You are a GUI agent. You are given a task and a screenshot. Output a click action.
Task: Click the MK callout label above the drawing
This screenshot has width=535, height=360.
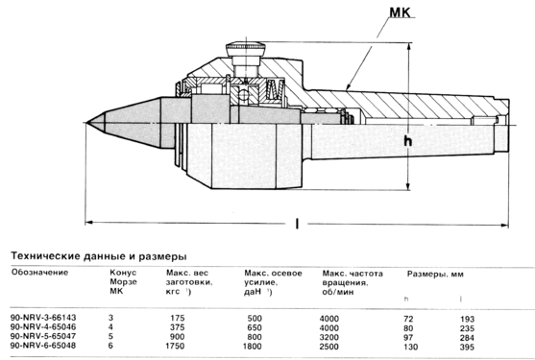tap(401, 12)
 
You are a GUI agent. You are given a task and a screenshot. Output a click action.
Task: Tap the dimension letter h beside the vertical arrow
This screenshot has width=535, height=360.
tap(407, 140)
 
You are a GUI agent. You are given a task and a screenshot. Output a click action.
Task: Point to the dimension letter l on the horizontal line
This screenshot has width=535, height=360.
tap(297, 224)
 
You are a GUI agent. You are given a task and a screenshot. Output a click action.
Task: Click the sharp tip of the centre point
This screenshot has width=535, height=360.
tap(86, 123)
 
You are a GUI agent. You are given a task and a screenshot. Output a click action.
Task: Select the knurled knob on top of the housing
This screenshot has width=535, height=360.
tap(245, 48)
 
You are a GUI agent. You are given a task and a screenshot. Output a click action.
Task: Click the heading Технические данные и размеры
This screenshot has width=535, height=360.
tap(99, 256)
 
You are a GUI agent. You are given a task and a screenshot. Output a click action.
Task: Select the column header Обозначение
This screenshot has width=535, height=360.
tap(40, 272)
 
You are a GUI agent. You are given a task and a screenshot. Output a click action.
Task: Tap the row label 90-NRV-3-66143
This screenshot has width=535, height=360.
tap(43, 318)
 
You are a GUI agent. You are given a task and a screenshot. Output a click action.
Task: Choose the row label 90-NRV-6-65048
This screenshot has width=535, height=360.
tap(43, 346)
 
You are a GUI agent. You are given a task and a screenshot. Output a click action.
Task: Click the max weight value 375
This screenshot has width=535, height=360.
tap(177, 327)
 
